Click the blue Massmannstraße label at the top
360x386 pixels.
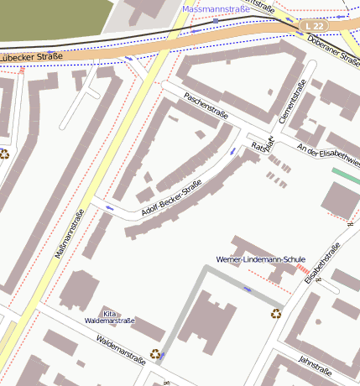[216, 9]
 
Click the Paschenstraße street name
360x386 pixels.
[206, 109]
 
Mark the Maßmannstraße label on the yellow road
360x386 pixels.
[71, 232]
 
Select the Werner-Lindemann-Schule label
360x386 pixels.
[260, 260]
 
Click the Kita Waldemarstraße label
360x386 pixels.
[110, 316]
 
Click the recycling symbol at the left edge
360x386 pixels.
[4, 154]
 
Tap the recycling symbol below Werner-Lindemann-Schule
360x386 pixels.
[276, 314]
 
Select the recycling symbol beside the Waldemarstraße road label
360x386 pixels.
[155, 354]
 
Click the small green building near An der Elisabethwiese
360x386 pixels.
[345, 176]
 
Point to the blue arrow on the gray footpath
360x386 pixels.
[246, 289]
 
